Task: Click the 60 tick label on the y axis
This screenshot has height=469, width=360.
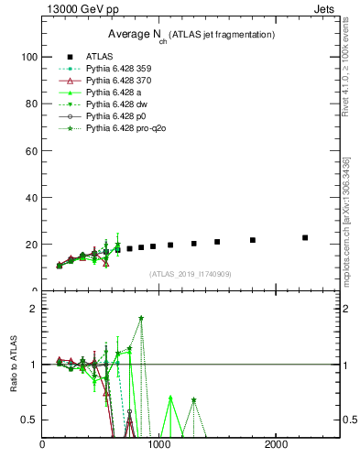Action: tap(31, 150)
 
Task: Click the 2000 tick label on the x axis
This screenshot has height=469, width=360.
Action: tap(277, 445)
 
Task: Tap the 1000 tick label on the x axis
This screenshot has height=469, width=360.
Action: tap(159, 445)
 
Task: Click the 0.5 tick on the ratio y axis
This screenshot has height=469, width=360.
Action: tap(29, 420)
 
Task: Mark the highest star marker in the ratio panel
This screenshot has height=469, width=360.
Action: tap(141, 318)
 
